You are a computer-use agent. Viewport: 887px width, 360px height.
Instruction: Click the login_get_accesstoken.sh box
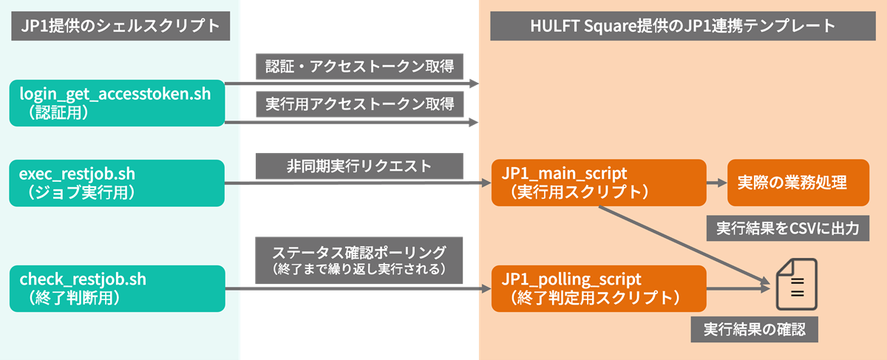click(117, 102)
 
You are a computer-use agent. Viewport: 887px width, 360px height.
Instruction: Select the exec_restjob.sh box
click(117, 183)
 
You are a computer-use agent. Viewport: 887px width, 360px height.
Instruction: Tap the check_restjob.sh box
click(117, 288)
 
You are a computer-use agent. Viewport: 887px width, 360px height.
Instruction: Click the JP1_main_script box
click(597, 183)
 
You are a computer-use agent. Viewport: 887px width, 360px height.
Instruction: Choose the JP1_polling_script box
click(597, 288)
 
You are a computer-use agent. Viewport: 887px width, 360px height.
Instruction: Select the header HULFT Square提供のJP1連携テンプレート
click(682, 27)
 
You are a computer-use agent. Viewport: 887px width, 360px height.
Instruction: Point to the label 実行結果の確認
click(754, 329)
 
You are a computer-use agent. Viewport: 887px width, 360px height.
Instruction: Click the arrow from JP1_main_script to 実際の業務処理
click(716, 183)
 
